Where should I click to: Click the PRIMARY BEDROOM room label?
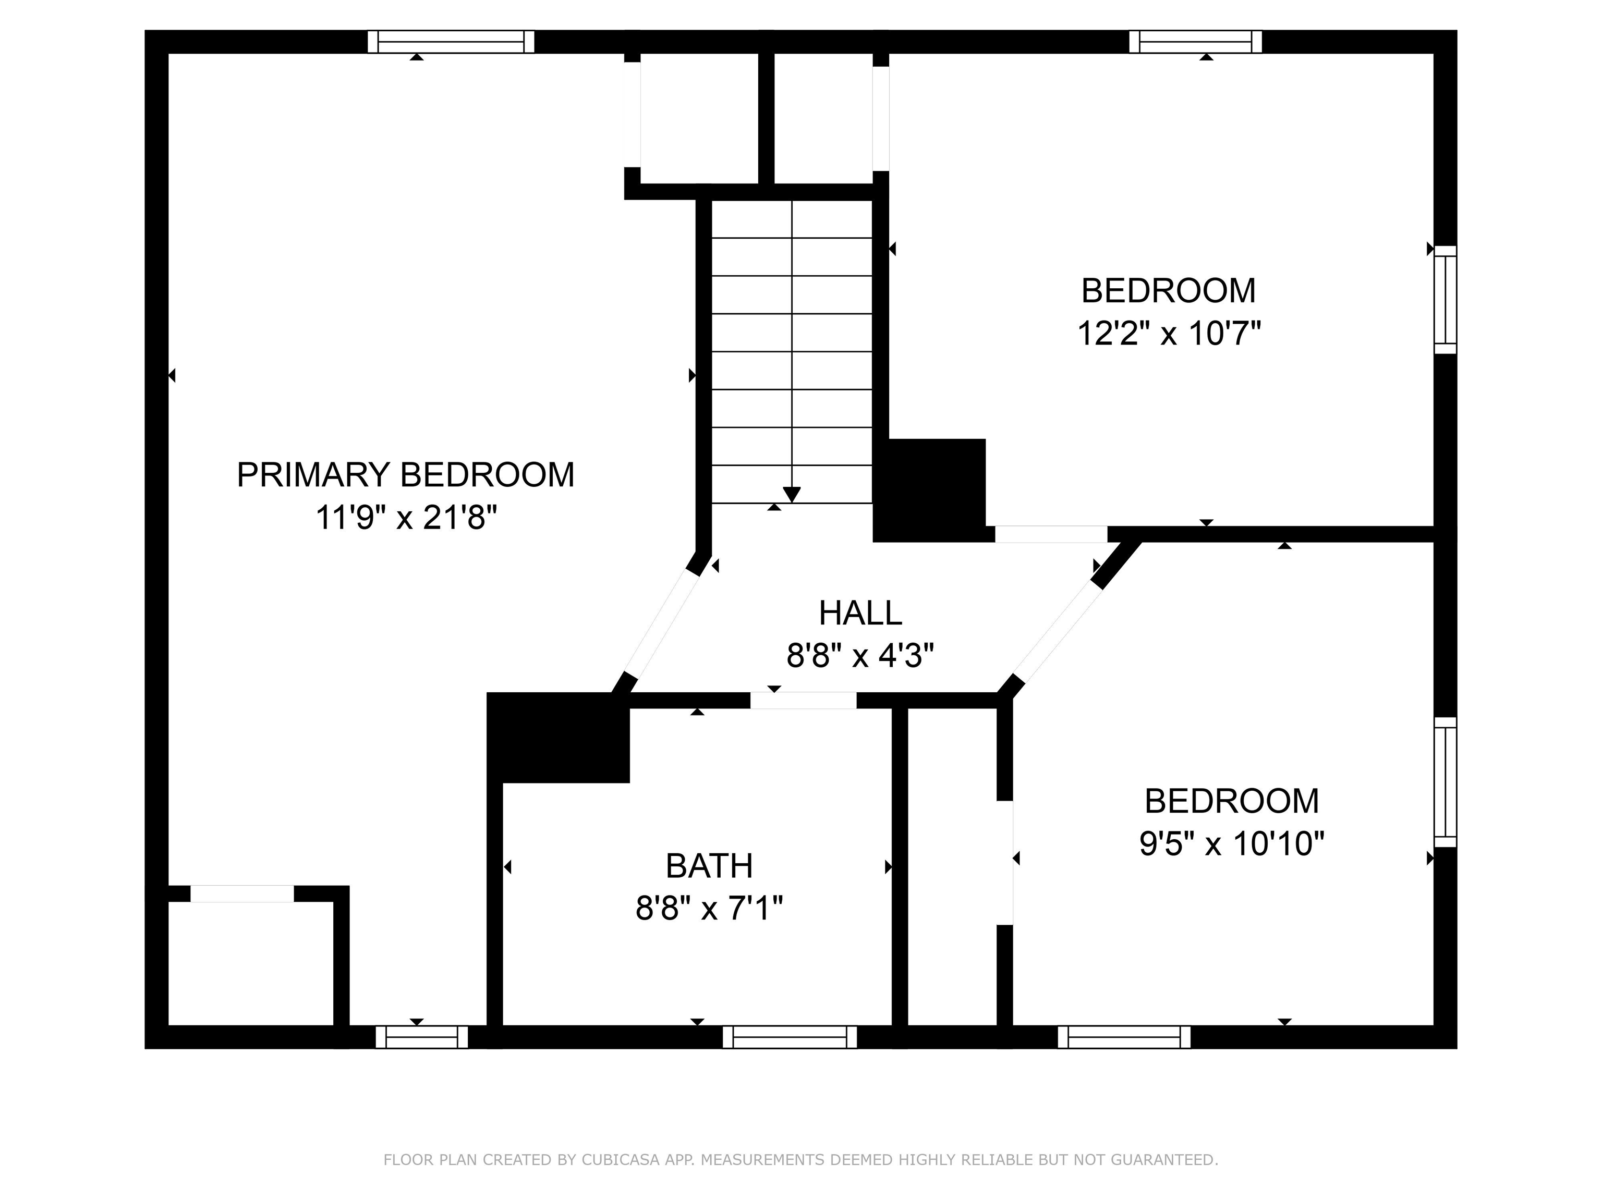pyautogui.click(x=406, y=475)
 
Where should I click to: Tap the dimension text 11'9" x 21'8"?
pyautogui.click(x=406, y=518)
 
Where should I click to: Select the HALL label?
pyautogui.click(x=860, y=613)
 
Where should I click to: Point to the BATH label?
pyautogui.click(x=709, y=866)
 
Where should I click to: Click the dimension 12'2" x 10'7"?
pyautogui.click(x=1169, y=334)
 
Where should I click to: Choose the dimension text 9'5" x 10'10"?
pyautogui.click(x=1231, y=844)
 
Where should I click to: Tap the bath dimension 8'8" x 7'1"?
pyautogui.click(x=709, y=908)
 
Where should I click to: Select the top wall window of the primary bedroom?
pyautogui.click(x=451, y=42)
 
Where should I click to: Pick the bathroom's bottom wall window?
pyautogui.click(x=790, y=1037)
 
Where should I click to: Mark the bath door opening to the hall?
pyautogui.click(x=803, y=700)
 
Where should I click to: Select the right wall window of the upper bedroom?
pyautogui.click(x=1445, y=299)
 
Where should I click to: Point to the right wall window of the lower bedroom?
pyautogui.click(x=1445, y=782)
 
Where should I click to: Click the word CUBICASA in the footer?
pyautogui.click(x=620, y=1160)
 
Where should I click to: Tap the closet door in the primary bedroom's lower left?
pyautogui.click(x=242, y=893)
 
